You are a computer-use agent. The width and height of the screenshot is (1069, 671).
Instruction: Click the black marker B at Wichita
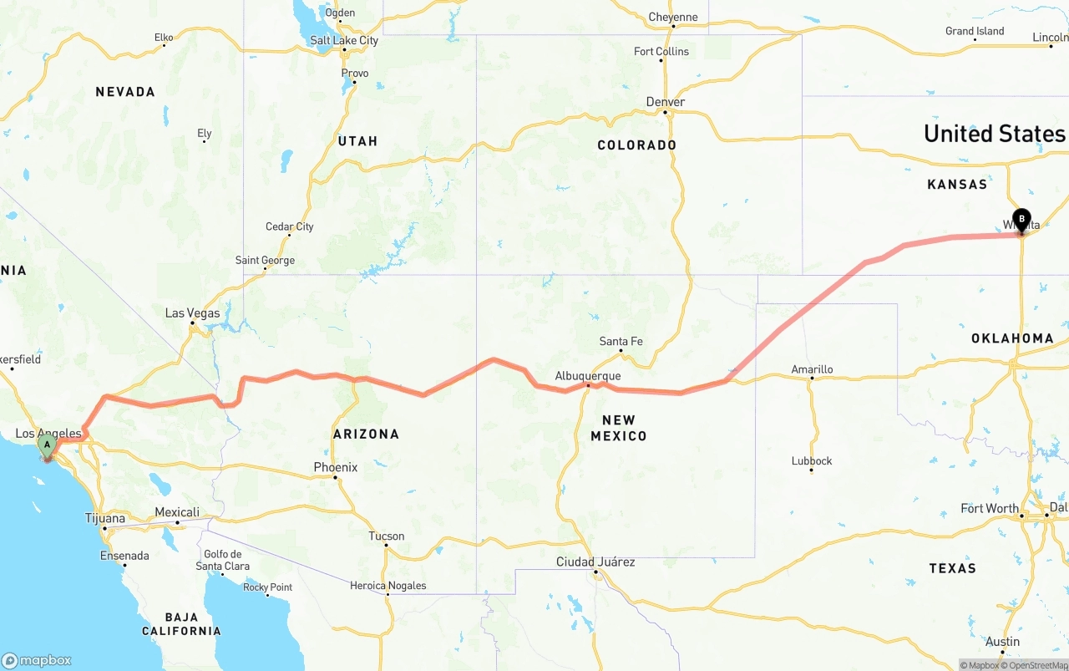tap(1021, 220)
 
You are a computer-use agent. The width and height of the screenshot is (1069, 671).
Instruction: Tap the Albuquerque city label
tap(588, 376)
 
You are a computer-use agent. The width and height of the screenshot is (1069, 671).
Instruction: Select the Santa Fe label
tap(621, 341)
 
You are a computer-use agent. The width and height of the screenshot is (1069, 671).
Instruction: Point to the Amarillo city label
tap(812, 369)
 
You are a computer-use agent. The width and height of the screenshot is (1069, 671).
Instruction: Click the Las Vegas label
tap(192, 313)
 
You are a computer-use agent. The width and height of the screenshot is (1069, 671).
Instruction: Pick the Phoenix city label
tap(335, 467)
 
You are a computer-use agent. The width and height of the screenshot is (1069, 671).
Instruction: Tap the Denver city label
tap(666, 102)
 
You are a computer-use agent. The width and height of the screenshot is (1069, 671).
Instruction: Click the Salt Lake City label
tap(343, 40)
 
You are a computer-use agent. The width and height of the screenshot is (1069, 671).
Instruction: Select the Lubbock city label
tap(812, 460)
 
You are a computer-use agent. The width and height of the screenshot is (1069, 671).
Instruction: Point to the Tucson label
tap(387, 536)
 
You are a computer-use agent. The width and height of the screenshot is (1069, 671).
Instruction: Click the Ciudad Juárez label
tap(595, 562)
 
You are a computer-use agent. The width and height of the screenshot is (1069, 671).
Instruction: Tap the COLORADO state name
tap(636, 145)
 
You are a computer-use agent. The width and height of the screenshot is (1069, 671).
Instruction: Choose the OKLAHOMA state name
tap(1012, 338)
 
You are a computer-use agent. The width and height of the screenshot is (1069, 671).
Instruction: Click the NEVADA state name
tap(125, 92)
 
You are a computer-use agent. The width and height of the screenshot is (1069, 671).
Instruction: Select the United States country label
tap(994, 134)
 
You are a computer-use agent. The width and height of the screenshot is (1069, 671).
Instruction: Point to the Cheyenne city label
tap(672, 17)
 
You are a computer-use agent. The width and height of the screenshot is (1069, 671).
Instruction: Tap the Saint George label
tap(265, 260)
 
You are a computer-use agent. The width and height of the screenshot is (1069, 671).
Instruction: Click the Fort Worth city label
tap(990, 508)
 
